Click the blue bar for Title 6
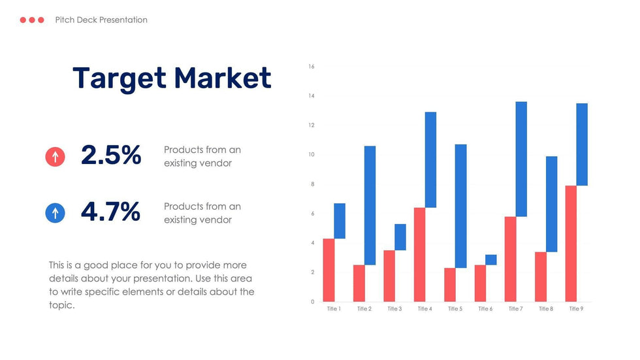[x=491, y=260]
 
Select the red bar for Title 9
[x=571, y=244]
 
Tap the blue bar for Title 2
[x=370, y=206]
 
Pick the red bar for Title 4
[x=419, y=255]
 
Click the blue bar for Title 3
[x=400, y=237]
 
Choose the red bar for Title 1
[x=328, y=270]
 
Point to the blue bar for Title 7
[x=521, y=159]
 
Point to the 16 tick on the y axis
[x=312, y=67]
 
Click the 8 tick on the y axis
[x=313, y=184]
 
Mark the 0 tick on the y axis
[x=313, y=302]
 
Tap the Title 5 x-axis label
[x=455, y=309]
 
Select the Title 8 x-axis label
[x=546, y=309]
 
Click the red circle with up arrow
[x=55, y=156]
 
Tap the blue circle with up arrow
[x=55, y=212]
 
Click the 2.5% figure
[x=111, y=155]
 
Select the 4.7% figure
[x=110, y=212]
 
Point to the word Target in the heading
[x=120, y=80]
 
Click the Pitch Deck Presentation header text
[x=101, y=20]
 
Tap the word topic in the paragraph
[x=61, y=305]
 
